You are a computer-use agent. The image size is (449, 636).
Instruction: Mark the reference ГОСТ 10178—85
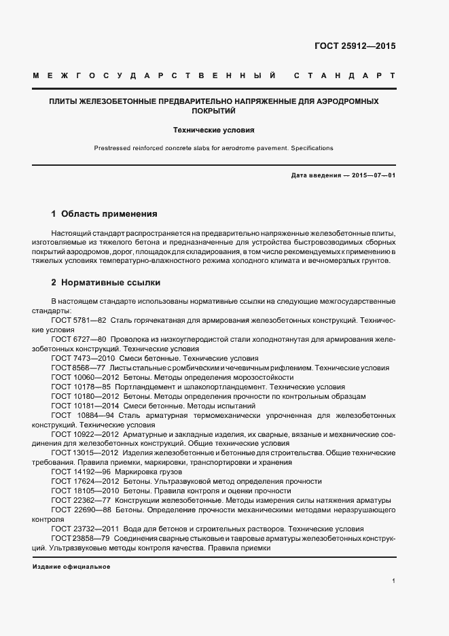click(80, 386)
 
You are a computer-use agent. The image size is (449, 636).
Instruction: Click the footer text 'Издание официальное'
click(71, 567)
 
